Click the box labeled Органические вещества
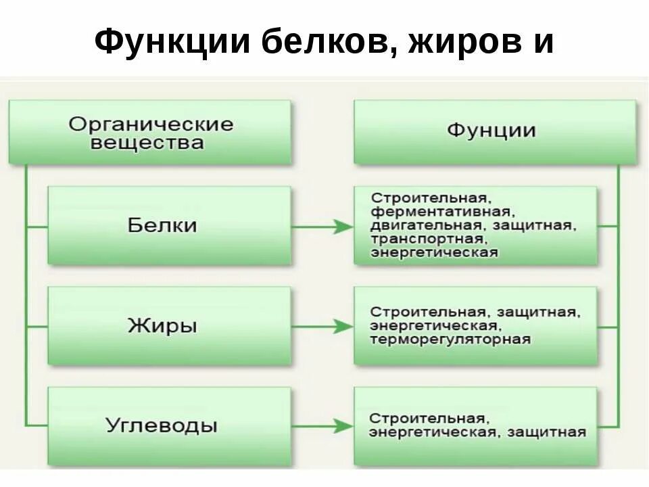click(x=150, y=133)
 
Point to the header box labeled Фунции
click(x=494, y=131)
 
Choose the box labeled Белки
click(x=169, y=225)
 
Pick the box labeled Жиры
click(x=169, y=326)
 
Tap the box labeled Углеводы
click(x=169, y=426)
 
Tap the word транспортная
click(x=427, y=239)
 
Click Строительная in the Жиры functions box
click(x=427, y=312)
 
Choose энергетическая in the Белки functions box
click(x=434, y=253)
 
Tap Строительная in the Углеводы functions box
click(x=427, y=418)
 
